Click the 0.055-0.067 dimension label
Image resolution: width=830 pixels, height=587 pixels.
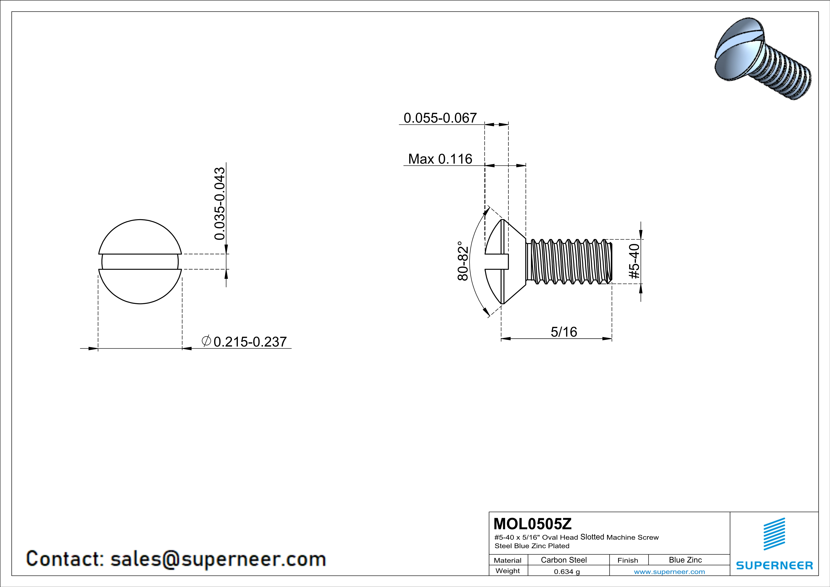pos(440,118)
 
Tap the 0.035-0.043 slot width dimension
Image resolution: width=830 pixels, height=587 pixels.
pos(219,204)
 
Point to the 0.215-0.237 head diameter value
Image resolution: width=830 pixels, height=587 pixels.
pos(250,342)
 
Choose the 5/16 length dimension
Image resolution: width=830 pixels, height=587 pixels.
pos(564,332)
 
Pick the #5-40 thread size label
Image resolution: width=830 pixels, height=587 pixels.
pos(635,261)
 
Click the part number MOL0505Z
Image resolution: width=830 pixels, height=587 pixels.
pos(533,524)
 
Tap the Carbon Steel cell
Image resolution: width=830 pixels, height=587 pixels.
pos(564,560)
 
